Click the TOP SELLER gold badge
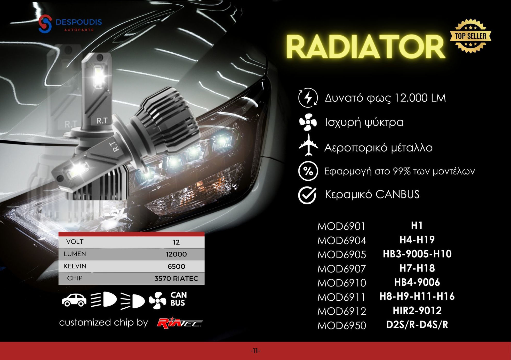470,36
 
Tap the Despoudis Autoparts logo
70,24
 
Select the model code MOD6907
341,269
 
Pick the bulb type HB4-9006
417,282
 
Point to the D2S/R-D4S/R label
417,325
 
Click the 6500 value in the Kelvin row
176,266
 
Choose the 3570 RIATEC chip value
176,278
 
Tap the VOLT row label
75,242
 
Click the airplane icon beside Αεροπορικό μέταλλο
308,145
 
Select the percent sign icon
308,171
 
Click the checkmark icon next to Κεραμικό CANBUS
307,195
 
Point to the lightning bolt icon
308,98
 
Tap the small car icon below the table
74,300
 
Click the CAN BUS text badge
178,299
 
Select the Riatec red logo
180,323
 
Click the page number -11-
255,351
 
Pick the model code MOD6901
341,226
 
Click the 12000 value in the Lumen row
176,254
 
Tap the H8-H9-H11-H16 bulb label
417,297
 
